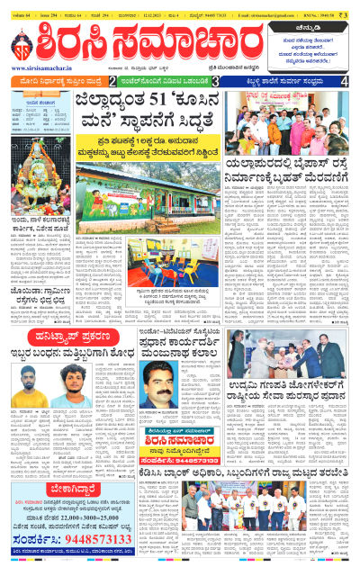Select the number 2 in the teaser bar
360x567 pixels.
coord(111,82)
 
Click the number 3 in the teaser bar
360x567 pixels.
coord(217,82)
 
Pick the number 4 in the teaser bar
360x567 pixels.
coord(345,82)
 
